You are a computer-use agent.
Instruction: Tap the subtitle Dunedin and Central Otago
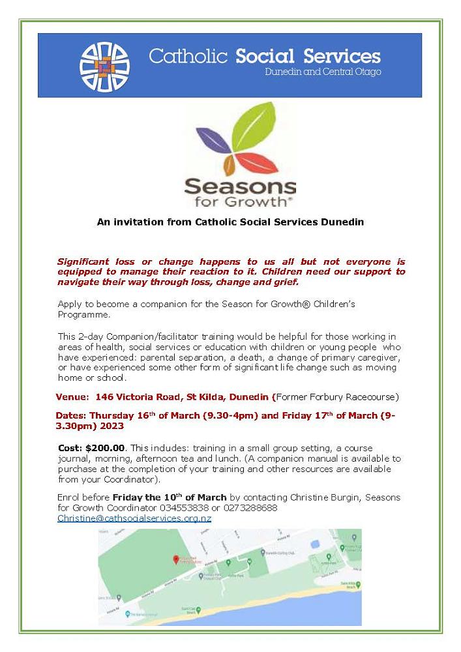tap(323, 72)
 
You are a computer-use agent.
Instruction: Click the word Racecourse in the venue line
tap(367, 396)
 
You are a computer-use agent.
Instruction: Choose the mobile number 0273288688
tap(250, 507)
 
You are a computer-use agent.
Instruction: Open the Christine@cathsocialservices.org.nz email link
tap(134, 518)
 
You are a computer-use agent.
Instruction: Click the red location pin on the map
tap(175, 560)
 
